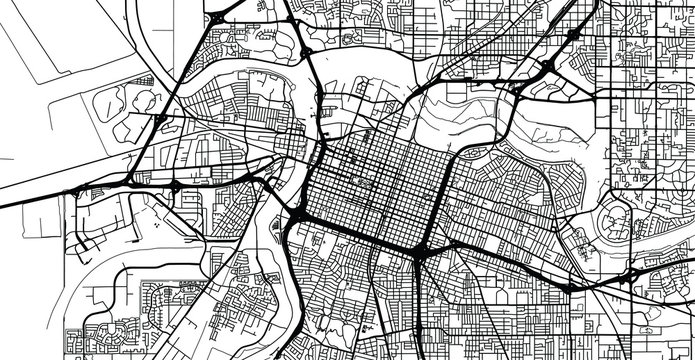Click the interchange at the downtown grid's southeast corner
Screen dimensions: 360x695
click(x=421, y=250)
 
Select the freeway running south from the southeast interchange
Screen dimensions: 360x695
click(x=418, y=310)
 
